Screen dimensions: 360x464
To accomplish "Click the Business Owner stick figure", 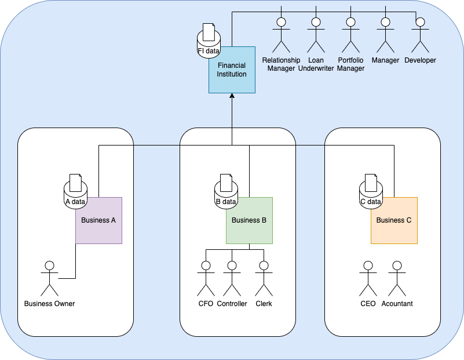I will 50,278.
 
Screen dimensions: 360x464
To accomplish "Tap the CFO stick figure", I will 206,278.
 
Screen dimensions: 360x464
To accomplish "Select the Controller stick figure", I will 232,278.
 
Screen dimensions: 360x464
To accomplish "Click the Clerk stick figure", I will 264,278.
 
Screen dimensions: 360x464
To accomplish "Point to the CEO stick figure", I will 368,278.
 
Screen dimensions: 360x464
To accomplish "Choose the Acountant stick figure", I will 397,278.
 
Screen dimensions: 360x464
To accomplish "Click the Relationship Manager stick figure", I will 282,35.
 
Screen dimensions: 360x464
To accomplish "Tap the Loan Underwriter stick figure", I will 316,35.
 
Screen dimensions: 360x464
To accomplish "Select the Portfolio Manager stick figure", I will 350,35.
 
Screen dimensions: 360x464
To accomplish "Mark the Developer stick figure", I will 420,35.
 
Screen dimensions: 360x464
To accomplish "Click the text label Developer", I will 420,60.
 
